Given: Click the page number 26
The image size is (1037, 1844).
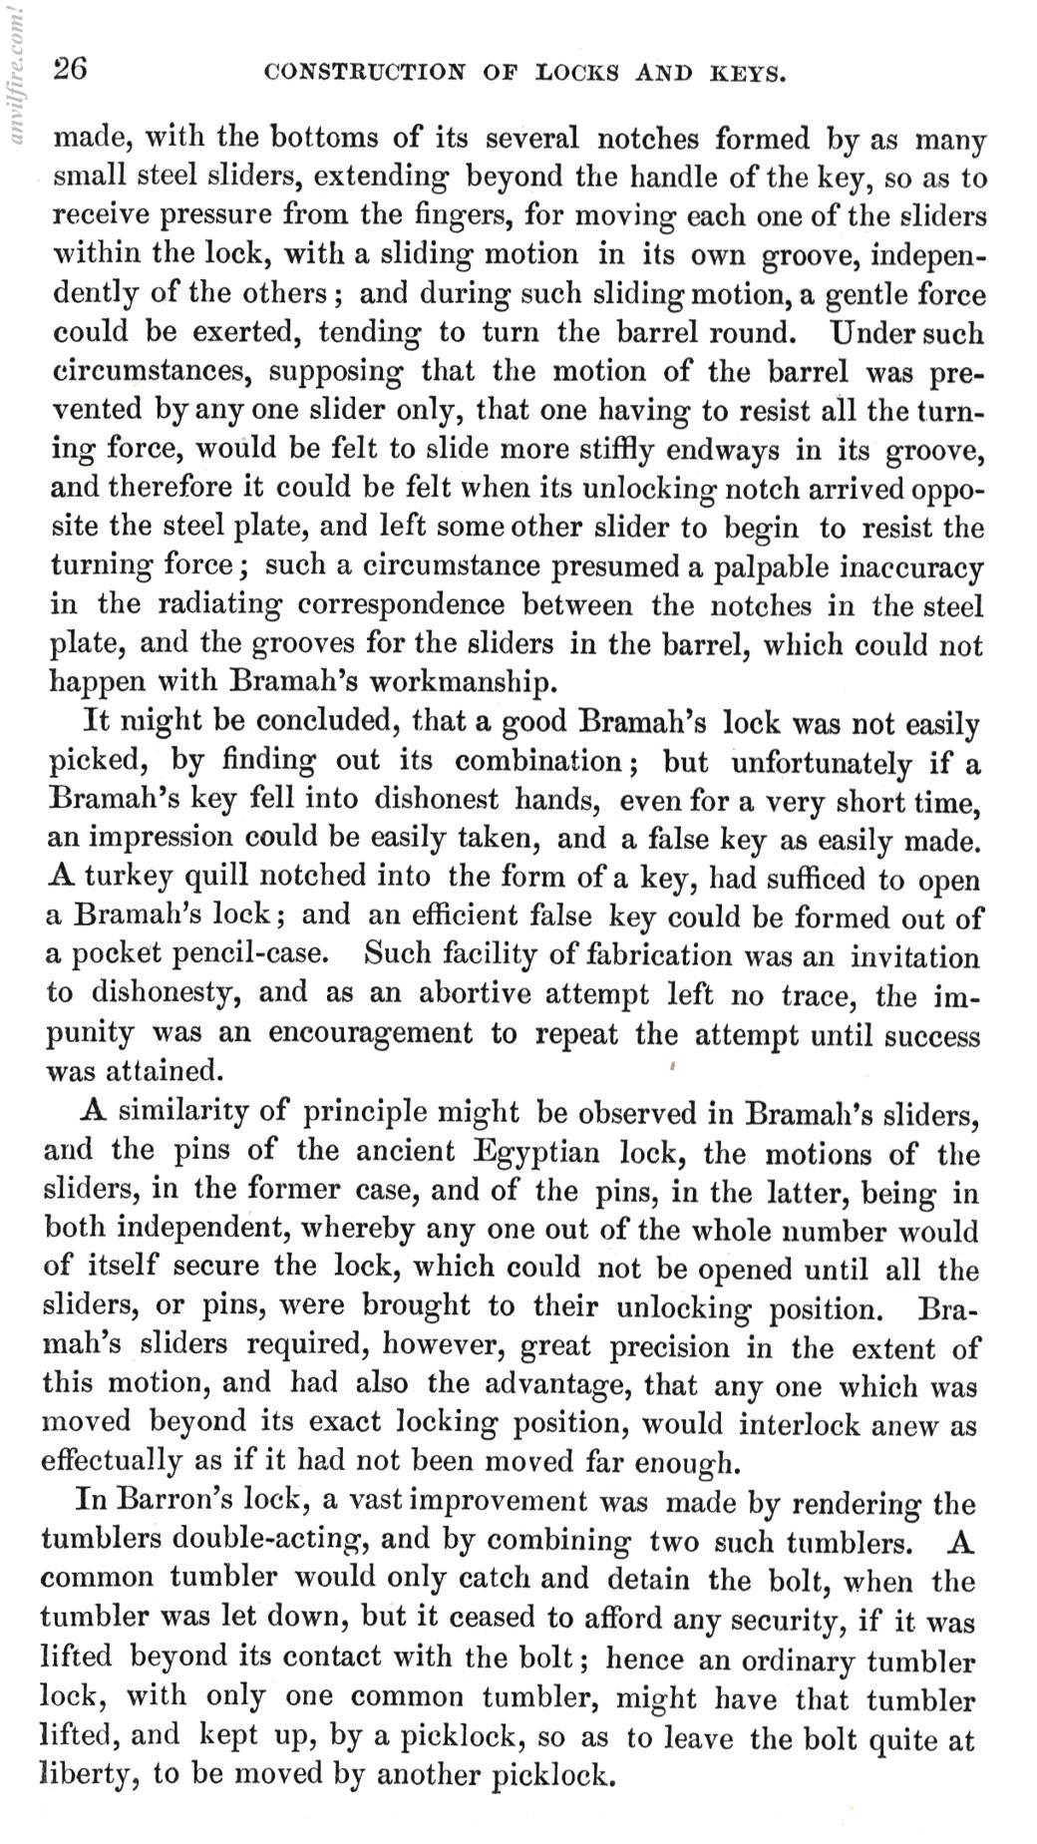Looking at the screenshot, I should point(71,70).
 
